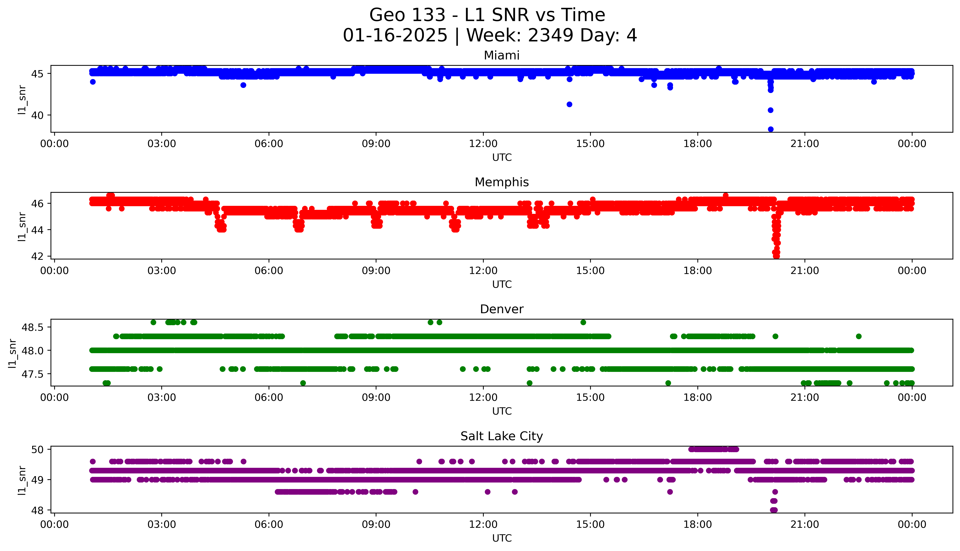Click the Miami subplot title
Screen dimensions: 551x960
click(x=501, y=56)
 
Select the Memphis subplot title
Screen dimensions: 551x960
click(x=501, y=182)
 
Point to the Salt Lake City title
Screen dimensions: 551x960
click(x=501, y=436)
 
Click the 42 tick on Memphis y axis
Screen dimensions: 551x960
click(x=38, y=256)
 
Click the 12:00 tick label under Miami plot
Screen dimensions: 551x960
click(x=483, y=144)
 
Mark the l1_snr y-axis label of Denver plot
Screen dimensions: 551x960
click(x=13, y=353)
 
